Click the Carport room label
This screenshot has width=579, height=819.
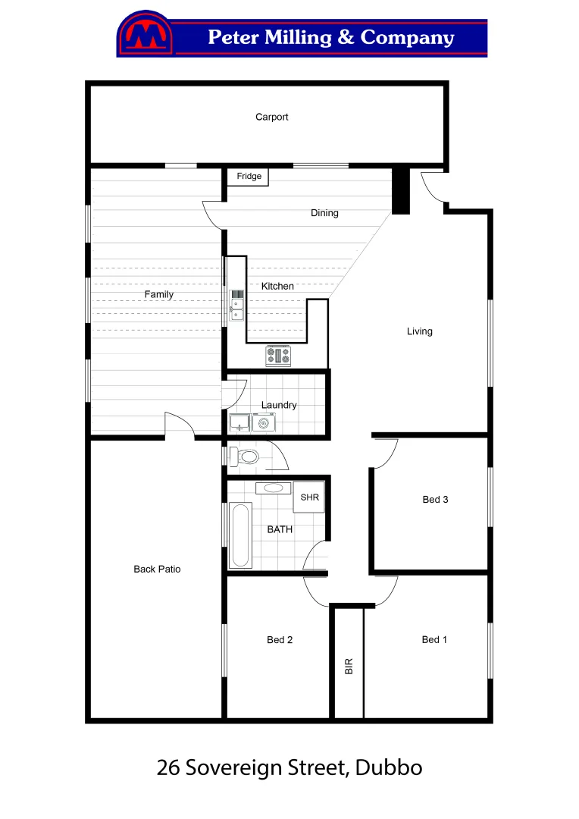(271, 117)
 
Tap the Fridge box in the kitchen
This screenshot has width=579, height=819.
(249, 177)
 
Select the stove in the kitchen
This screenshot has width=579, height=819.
(277, 356)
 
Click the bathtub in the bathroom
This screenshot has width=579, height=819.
(239, 535)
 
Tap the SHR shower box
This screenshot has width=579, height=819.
(309, 497)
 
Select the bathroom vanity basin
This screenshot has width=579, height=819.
(273, 488)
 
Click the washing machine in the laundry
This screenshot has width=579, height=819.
(264, 423)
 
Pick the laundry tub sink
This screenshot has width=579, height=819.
(239, 423)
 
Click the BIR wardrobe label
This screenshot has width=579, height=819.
(349, 666)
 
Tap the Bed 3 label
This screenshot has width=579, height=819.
(435, 500)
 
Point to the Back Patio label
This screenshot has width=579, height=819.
(157, 569)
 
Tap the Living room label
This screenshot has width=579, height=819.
(419, 331)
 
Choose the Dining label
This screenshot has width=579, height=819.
(324, 213)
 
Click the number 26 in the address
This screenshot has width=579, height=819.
(169, 767)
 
